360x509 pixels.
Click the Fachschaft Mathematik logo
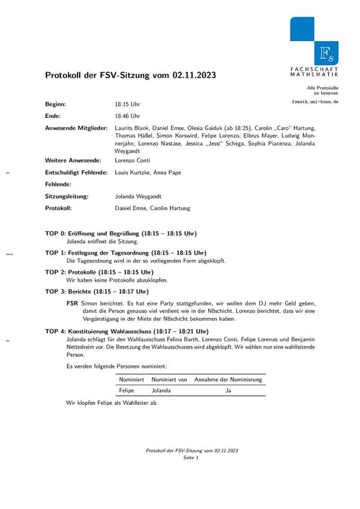[x=314, y=41]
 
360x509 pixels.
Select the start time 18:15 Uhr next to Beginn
[x=127, y=105]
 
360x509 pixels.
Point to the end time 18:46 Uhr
[x=127, y=116]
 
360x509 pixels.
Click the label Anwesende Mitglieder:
[x=76, y=127]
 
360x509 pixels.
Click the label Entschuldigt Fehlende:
[x=76, y=172]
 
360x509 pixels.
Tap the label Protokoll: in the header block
[x=63, y=208]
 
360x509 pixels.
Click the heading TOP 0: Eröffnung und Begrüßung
[x=121, y=233]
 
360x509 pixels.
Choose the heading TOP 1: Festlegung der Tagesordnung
[x=126, y=253]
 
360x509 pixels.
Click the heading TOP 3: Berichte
[x=97, y=291]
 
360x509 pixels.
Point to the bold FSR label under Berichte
[x=72, y=303]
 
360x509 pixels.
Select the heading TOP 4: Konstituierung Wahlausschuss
[x=127, y=331]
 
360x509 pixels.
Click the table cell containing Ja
[x=228, y=391]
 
